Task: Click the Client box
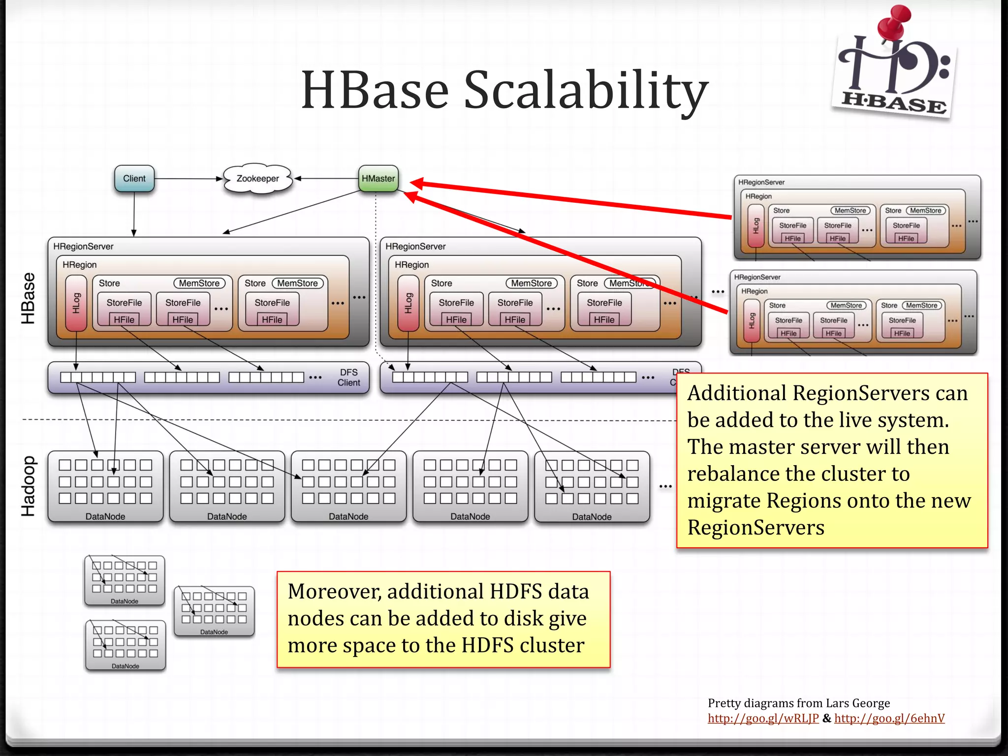click(134, 179)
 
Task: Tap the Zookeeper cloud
click(257, 179)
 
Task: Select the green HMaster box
click(378, 179)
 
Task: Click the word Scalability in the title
click(586, 90)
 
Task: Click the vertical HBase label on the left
click(28, 298)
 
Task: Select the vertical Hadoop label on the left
click(28, 486)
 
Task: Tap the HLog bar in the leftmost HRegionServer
click(76, 303)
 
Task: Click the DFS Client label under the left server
click(348, 378)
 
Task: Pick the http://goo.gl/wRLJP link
click(763, 718)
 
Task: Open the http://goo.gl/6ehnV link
click(889, 718)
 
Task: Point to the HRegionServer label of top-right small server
click(761, 182)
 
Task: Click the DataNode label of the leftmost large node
click(105, 516)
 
